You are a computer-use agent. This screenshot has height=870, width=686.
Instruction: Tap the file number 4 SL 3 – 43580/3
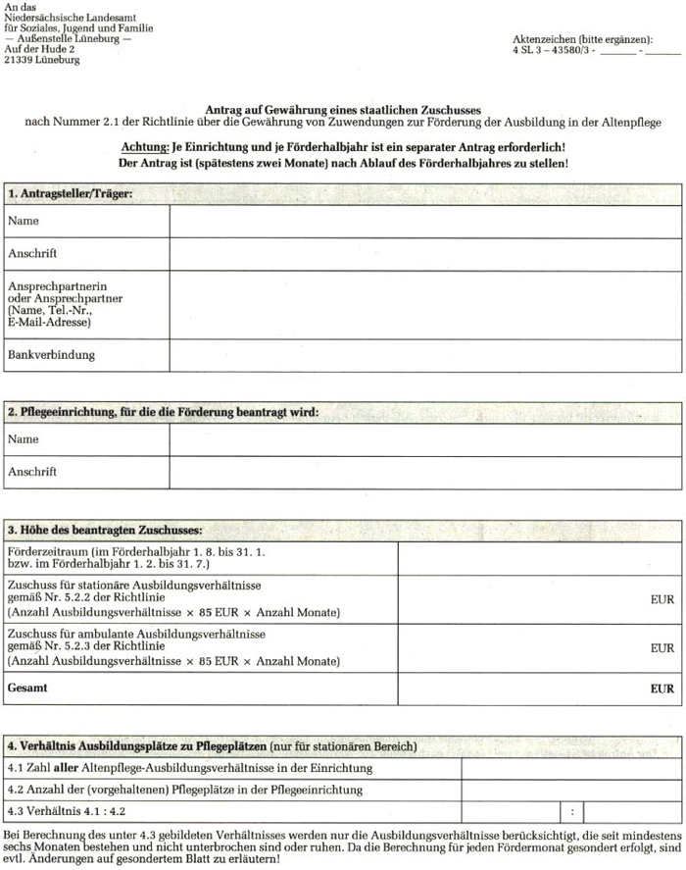pos(553,49)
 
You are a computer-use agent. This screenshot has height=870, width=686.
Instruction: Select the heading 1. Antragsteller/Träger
pos(70,193)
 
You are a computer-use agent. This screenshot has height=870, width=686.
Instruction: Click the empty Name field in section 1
pos(425,222)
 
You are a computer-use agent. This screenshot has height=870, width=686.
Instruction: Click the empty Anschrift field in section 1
pos(425,254)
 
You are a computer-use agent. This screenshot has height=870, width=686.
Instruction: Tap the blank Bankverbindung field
pos(425,355)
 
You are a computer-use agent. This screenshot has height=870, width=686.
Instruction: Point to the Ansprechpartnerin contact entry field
pos(425,304)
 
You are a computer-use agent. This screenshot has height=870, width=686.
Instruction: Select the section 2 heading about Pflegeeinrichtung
pos(163,413)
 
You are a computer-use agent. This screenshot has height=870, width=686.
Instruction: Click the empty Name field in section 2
pos(425,440)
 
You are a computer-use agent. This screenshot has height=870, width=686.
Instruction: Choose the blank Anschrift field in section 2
pos(425,472)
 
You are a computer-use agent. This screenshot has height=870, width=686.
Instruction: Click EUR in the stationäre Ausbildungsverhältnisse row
pos(662,599)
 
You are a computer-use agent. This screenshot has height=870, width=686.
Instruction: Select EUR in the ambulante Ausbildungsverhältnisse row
pos(662,648)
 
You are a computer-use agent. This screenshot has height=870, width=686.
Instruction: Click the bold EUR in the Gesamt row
pos(662,689)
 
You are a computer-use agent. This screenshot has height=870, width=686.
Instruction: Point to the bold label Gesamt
pos(27,689)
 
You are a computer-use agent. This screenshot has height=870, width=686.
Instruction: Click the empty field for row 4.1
pos(571,767)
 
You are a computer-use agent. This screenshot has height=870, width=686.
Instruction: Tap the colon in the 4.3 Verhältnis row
pos(571,812)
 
